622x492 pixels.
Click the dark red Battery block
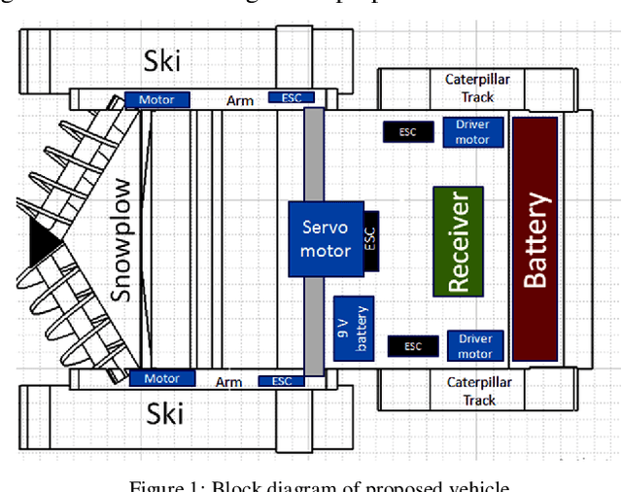coord(535,239)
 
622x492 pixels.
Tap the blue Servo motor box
coord(325,238)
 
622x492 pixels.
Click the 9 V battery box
coord(352,328)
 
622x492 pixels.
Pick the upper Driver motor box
coord(473,132)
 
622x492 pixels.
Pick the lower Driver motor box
coord(475,346)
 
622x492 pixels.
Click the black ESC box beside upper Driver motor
coord(407,132)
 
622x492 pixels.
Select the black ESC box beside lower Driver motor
coord(413,345)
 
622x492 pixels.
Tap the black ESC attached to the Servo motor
coord(369,239)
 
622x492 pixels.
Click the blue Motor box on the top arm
coord(155,99)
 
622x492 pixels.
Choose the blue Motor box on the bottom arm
coord(161,378)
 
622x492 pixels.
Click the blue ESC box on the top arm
coord(292,99)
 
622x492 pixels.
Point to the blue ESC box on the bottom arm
coord(281,381)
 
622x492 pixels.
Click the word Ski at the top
coord(162,61)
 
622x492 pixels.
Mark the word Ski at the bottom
coord(164,415)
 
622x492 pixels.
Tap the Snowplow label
coord(121,239)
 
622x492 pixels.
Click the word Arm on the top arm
coord(240,99)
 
